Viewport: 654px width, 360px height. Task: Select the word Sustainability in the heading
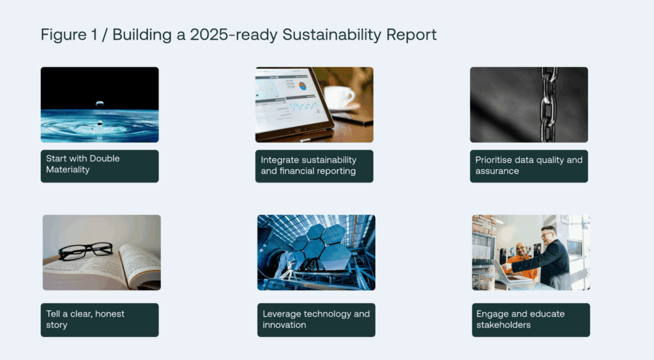coord(331,35)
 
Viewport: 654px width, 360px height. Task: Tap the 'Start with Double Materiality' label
coord(100,166)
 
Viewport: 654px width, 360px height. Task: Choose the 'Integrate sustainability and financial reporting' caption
coord(314,166)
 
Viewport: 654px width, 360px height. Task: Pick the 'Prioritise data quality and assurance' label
coord(529,166)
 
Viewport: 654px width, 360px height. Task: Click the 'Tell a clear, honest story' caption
coord(100,320)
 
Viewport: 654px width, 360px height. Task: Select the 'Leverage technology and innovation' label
coord(316,320)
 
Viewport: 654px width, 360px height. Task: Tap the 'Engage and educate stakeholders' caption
coord(531,320)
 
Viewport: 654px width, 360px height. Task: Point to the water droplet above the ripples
coord(100,103)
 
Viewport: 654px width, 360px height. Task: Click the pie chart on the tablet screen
coord(303,86)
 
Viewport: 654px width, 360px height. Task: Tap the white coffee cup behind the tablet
coord(338,98)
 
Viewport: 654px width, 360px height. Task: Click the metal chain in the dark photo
coord(549,105)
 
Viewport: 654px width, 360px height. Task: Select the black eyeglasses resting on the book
coord(86,250)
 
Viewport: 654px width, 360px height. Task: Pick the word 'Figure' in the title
coord(63,35)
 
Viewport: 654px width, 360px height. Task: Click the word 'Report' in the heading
coord(411,35)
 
